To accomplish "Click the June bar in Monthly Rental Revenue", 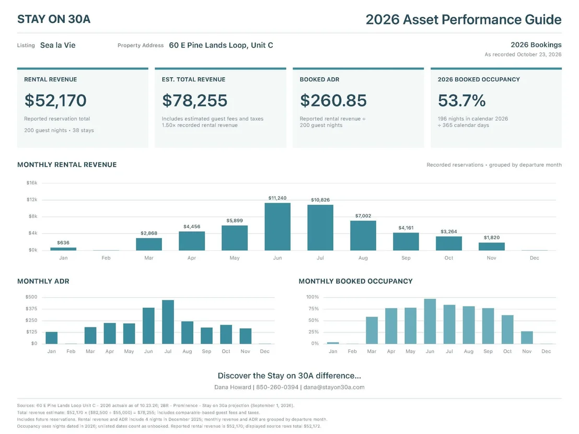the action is pos(277,227).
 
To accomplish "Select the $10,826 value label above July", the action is pos(320,200).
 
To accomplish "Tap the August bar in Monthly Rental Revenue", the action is pos(363,236).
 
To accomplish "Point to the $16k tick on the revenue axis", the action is pos(32,183).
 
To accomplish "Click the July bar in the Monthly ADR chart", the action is pos(168,322).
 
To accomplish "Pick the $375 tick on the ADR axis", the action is pos(31,309).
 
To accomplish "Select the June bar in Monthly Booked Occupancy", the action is pos(430,321).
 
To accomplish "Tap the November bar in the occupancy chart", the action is pos(527,337).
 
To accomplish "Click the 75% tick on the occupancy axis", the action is pos(314,309).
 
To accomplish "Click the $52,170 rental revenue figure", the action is pos(55,100).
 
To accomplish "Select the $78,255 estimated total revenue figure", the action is pos(194,100).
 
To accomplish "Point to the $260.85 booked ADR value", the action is pos(333,100).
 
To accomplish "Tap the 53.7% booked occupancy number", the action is pos(461,100).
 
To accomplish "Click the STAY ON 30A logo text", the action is pos(54,19).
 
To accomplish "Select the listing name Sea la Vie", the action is pos(57,45).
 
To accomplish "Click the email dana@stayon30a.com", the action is pos(334,387).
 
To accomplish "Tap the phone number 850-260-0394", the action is pos(277,387).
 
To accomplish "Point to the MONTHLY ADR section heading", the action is pos(43,281).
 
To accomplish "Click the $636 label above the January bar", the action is pos(63,242).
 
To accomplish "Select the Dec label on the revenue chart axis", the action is pos(534,257).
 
